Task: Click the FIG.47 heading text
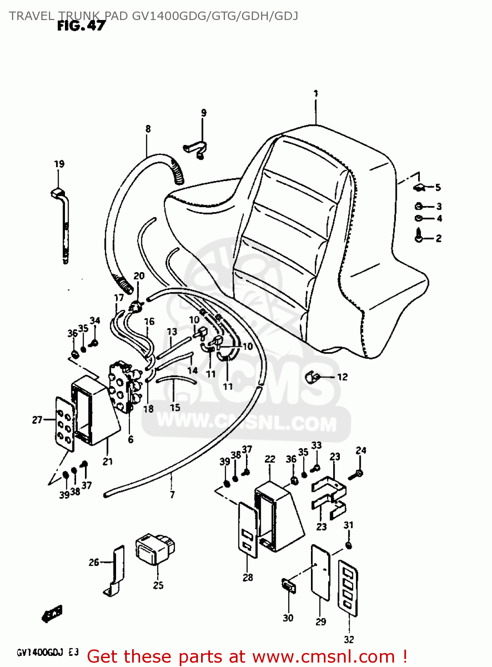(81, 26)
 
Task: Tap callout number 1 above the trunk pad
(315, 94)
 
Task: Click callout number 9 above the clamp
(204, 113)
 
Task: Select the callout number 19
(59, 164)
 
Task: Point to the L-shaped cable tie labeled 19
(64, 222)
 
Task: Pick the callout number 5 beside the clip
(438, 188)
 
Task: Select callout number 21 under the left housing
(108, 462)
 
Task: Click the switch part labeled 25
(154, 549)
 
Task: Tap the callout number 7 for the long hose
(172, 494)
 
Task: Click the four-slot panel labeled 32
(348, 588)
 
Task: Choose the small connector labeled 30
(288, 586)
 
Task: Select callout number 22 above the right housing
(270, 459)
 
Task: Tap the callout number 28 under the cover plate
(248, 577)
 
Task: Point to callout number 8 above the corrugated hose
(148, 129)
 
